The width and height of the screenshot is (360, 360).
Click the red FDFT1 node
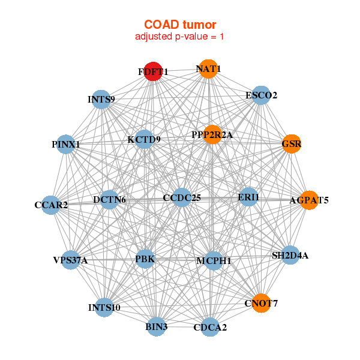click(x=153, y=71)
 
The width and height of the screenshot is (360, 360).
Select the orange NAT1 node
click(x=208, y=69)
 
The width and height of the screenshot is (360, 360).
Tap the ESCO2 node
click(x=260, y=95)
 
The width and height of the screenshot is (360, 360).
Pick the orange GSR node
click(x=292, y=144)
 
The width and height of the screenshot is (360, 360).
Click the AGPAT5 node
click(x=309, y=200)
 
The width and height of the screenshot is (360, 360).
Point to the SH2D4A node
click(x=290, y=255)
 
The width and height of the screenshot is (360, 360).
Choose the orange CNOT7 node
click(x=262, y=303)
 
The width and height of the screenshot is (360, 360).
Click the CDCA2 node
click(x=210, y=327)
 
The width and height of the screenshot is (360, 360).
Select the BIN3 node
click(x=156, y=326)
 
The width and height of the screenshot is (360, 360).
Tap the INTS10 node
click(x=104, y=307)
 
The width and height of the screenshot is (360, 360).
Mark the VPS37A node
click(x=71, y=260)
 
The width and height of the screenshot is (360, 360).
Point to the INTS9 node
click(x=101, y=99)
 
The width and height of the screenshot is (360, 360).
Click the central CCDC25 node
click(x=182, y=197)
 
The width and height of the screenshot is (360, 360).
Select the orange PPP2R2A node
click(x=212, y=135)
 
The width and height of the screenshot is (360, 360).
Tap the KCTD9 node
click(x=144, y=140)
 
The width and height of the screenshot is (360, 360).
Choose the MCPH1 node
click(x=214, y=260)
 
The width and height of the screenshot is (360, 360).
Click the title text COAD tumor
click(x=180, y=25)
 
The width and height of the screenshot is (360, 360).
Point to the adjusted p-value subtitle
click(x=180, y=37)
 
